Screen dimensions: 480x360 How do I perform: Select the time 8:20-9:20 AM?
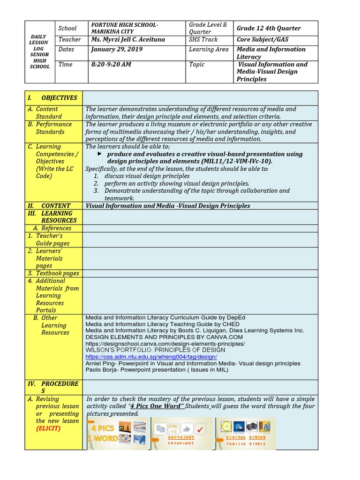click(x=111, y=64)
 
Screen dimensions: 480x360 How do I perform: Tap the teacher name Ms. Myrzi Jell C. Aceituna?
click(x=128, y=40)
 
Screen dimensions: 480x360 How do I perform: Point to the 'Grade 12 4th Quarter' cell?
click(x=269, y=28)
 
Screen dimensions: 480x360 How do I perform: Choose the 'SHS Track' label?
click(x=203, y=40)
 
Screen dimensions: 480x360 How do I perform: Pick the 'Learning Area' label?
click(x=209, y=49)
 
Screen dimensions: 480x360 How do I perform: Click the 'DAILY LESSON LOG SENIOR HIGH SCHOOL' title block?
click(x=39, y=52)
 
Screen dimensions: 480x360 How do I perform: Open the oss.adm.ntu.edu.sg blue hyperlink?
click(x=151, y=357)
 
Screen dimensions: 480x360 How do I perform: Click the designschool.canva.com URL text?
click(x=165, y=344)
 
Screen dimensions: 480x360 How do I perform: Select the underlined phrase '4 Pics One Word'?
click(x=157, y=406)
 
